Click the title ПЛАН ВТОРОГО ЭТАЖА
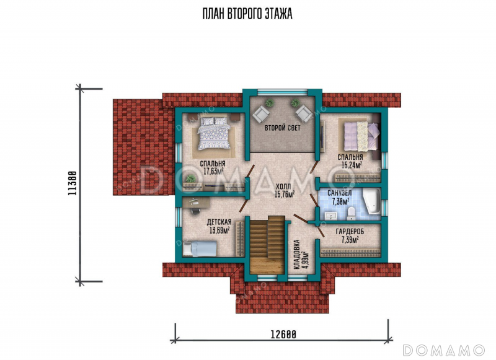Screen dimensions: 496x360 point(247,14)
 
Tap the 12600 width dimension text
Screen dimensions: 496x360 point(283,334)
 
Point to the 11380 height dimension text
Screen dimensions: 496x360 point(73,183)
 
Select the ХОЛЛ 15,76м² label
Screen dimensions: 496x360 point(285,191)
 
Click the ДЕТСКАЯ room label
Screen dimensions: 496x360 point(219,222)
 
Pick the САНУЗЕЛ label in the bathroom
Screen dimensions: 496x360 point(339,193)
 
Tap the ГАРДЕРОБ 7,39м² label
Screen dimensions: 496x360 point(350,236)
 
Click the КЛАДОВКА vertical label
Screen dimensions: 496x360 point(297,255)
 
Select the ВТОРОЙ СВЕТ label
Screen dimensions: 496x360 point(283,128)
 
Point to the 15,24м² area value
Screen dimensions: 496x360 point(352,165)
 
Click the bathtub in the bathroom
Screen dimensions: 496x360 point(371,201)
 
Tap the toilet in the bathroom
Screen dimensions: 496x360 point(351,214)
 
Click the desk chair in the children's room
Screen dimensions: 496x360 point(195,210)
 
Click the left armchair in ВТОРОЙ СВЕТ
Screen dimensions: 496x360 point(261,114)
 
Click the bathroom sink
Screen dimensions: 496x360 point(332,216)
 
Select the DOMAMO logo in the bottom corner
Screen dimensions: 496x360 point(443,350)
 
